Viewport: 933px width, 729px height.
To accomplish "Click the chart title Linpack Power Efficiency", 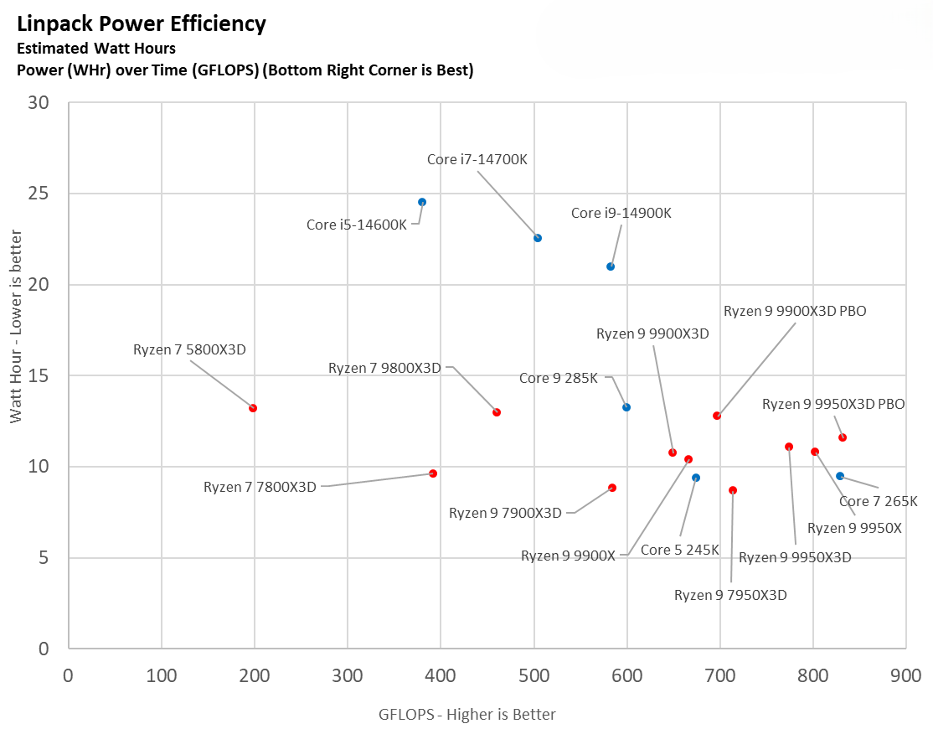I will pyautogui.click(x=142, y=23).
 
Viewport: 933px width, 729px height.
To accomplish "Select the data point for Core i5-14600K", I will pyautogui.click(x=422, y=202).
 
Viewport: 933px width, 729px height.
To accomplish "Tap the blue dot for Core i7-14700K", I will pyautogui.click(x=538, y=238).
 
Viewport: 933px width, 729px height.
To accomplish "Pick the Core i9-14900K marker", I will pyautogui.click(x=611, y=266).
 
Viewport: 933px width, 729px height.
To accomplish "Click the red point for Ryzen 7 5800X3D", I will pyautogui.click(x=253, y=408).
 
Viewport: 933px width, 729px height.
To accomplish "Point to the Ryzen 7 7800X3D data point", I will pyautogui.click(x=433, y=473).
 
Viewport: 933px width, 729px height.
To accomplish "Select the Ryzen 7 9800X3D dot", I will pyautogui.click(x=497, y=412).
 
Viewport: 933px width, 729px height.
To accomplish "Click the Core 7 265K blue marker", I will pyautogui.click(x=840, y=476).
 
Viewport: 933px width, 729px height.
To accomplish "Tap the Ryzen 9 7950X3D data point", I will pyautogui.click(x=733, y=490).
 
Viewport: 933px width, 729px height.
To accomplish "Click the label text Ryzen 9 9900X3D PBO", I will pyautogui.click(x=795, y=311).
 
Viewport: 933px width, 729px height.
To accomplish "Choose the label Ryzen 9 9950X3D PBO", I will pyautogui.click(x=833, y=404).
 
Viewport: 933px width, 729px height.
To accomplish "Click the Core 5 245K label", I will pyautogui.click(x=680, y=550).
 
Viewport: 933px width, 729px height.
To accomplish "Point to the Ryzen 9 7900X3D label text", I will pyautogui.click(x=505, y=513).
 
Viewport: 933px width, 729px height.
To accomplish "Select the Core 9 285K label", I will pyautogui.click(x=559, y=378).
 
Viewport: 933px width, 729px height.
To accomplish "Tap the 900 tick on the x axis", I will pyautogui.click(x=905, y=675).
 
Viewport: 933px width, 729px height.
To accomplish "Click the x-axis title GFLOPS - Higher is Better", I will pyautogui.click(x=467, y=714).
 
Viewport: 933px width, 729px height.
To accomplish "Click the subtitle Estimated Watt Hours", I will pyautogui.click(x=96, y=49).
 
